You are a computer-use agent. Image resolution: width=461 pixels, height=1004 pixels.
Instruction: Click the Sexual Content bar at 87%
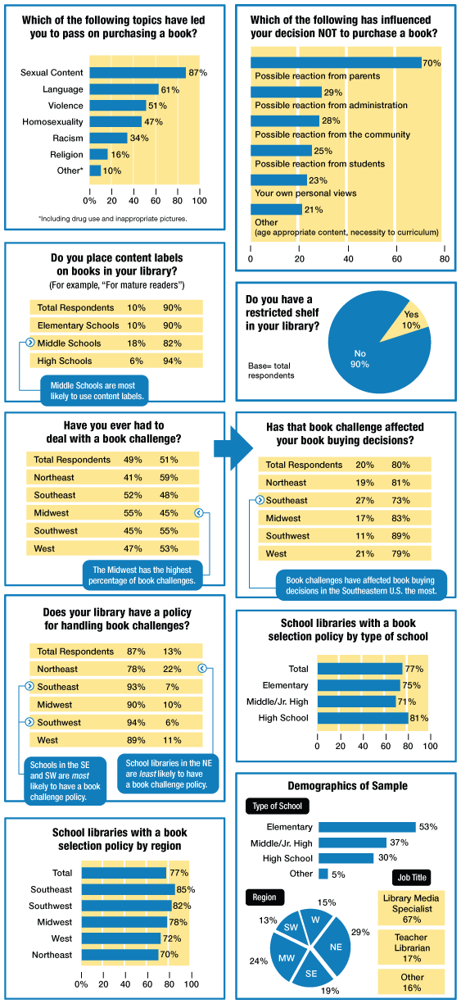[x=138, y=73]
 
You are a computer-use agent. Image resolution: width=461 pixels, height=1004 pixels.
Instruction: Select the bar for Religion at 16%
[x=98, y=154]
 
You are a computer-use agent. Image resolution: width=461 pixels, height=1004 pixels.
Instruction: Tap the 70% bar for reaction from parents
[x=336, y=63]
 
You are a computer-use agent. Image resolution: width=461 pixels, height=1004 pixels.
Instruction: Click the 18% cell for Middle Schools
[x=136, y=343]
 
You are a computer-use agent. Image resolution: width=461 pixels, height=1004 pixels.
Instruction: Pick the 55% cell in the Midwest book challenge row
[x=133, y=513]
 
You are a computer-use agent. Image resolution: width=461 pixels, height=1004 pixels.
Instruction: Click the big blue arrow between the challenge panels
[x=233, y=448]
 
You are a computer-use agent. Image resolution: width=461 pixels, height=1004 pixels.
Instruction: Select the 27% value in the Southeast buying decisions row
[x=364, y=500]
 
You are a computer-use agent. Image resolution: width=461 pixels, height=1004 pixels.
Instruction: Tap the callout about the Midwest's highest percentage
[x=142, y=575]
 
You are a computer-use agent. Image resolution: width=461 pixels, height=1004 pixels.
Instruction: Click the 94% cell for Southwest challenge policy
[x=136, y=722]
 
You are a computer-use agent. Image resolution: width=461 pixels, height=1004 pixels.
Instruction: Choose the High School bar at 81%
[x=363, y=718]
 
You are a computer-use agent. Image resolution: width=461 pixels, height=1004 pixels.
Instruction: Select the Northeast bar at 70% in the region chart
[x=120, y=955]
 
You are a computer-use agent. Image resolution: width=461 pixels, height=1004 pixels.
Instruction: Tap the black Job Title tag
[x=412, y=877]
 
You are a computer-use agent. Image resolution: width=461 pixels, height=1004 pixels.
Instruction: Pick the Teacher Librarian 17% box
[x=411, y=947]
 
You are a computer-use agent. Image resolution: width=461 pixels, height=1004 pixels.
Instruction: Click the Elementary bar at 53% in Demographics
[x=367, y=827]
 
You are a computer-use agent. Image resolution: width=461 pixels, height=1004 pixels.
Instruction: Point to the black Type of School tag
[x=278, y=806]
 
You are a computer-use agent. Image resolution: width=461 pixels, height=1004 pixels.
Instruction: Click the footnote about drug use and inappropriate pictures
[x=113, y=219]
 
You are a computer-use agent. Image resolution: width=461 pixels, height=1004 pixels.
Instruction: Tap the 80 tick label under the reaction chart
[x=445, y=259]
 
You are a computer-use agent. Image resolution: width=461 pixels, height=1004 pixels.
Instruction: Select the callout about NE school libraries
[x=168, y=774]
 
